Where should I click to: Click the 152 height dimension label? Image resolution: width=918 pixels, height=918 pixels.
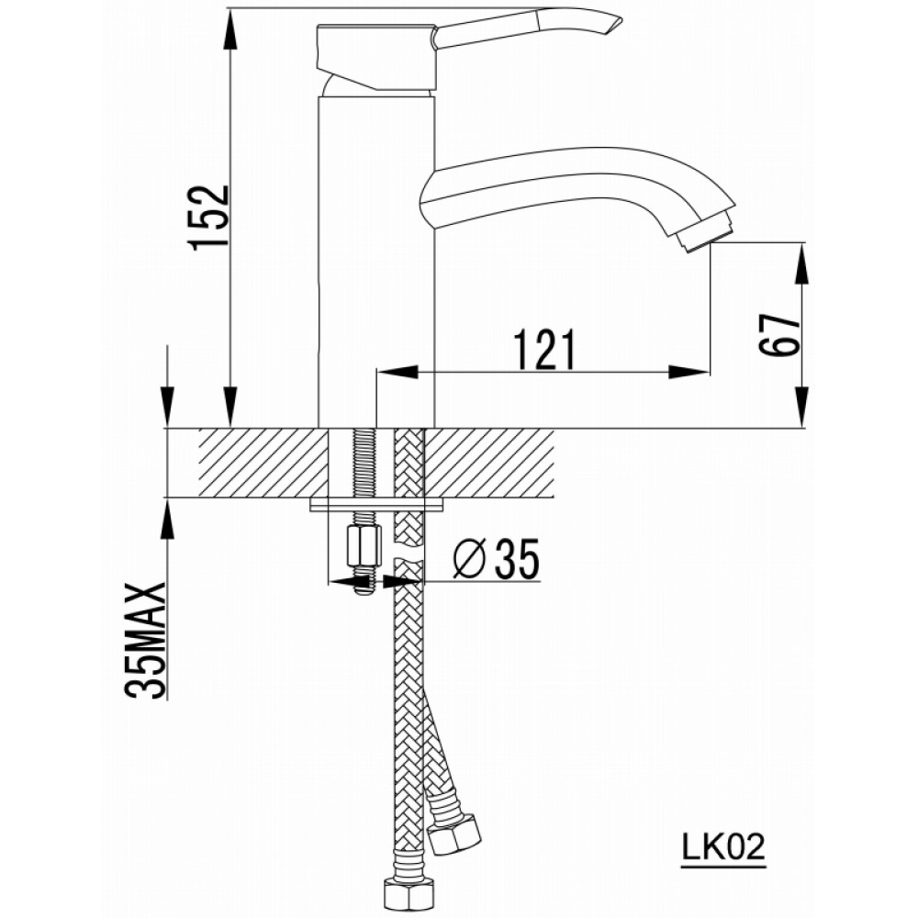point(210,218)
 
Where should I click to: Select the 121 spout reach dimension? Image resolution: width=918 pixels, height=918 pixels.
point(544,350)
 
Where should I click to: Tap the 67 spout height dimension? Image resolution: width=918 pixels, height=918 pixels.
point(779,335)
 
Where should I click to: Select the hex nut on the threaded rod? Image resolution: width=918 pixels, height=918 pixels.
point(364,545)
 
